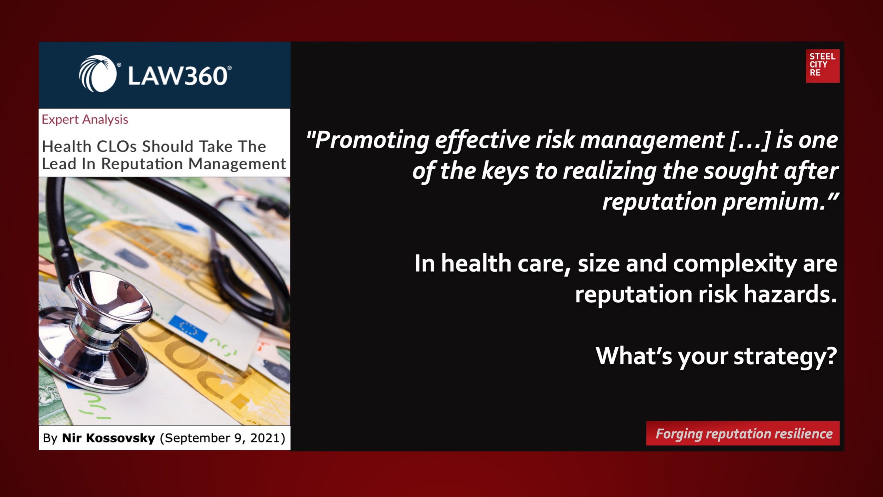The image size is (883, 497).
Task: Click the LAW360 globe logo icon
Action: coord(98,74)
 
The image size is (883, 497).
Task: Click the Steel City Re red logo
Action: coord(822,66)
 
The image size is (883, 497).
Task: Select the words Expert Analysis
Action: coord(85,119)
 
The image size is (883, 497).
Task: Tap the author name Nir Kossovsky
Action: coord(108,438)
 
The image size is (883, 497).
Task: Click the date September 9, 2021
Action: coord(222,438)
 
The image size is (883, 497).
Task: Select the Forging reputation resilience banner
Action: coord(743,433)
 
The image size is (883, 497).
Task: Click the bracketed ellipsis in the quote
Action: coord(750,140)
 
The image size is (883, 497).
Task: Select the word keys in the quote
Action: coord(505,171)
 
